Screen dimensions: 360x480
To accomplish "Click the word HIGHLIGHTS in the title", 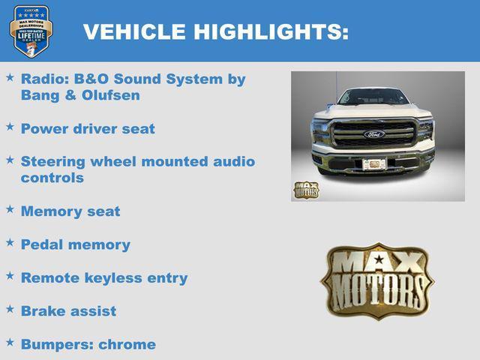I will (271, 31).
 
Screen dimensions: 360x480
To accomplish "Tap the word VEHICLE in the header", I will (134, 31).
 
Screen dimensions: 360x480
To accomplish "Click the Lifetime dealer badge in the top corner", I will (31, 31).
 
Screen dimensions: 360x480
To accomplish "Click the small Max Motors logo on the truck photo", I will (305, 190).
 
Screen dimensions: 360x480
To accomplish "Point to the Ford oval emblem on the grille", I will (373, 134).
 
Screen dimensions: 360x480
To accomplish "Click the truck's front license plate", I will (373, 163).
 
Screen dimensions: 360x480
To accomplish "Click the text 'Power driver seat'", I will (88, 129).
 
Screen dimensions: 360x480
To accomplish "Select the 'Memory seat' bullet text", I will (70, 211).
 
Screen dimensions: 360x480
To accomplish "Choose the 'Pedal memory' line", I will (75, 244).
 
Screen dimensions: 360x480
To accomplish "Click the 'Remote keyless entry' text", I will (104, 277).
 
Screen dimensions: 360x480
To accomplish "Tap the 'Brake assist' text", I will (68, 310).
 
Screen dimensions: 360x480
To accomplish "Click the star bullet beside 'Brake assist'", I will (10, 309).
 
